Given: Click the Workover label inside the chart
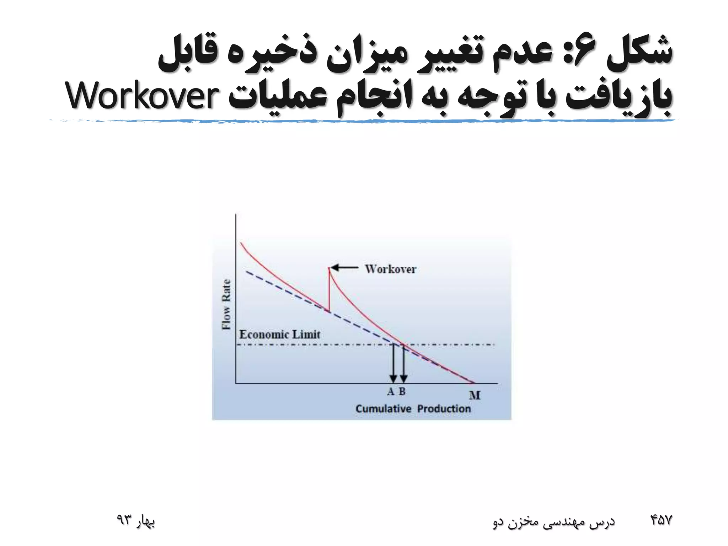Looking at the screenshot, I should pyautogui.click(x=391, y=269).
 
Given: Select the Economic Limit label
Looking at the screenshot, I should pyautogui.click(x=280, y=334).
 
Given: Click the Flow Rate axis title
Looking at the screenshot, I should pyautogui.click(x=226, y=305).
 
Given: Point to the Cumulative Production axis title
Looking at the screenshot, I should pyautogui.click(x=413, y=409).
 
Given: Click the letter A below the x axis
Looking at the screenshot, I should pyautogui.click(x=391, y=391).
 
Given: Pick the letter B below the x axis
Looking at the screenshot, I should pyautogui.click(x=402, y=391).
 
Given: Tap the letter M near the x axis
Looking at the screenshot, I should pyautogui.click(x=475, y=395).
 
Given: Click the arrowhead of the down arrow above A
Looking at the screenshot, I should pyautogui.click(x=393, y=378).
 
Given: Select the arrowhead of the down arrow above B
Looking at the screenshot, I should pyautogui.click(x=403, y=378).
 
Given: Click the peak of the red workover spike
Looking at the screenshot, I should pyautogui.click(x=329, y=268).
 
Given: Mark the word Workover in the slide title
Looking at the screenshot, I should pyautogui.click(x=142, y=96).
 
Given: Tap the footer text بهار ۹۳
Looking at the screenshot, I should pyautogui.click(x=136, y=521).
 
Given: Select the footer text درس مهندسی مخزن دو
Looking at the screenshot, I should pyautogui.click(x=554, y=521).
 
